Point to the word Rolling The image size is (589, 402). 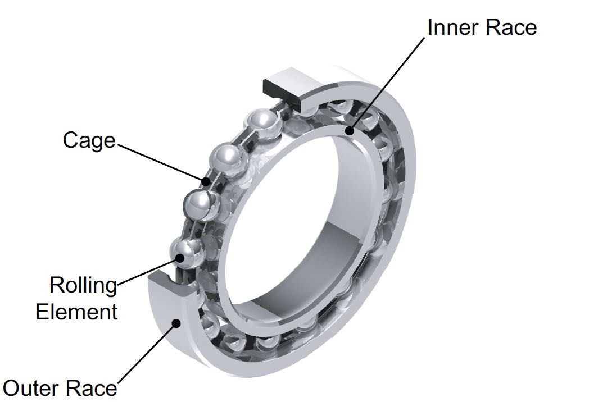coord(83,285)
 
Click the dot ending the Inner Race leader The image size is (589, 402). coord(350,132)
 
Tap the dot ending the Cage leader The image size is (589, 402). coord(206,181)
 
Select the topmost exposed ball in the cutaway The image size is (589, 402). coord(264,121)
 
